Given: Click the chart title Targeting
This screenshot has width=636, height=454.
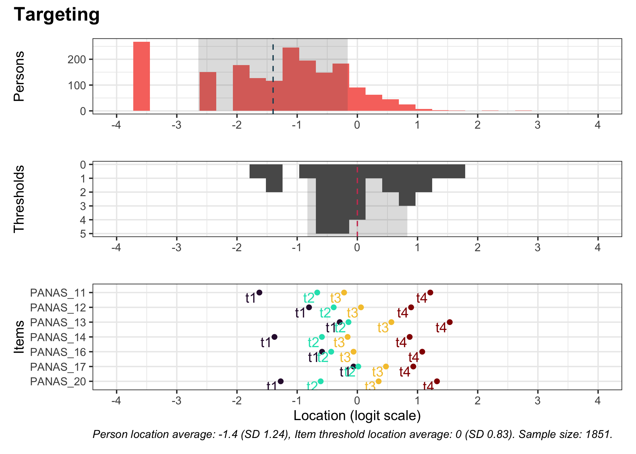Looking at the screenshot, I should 57,15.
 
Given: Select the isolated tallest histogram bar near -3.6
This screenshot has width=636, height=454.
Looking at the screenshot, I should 141,76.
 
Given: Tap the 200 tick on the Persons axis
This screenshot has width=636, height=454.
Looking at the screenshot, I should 77,60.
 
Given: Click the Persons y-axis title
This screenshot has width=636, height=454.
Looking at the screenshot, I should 19,76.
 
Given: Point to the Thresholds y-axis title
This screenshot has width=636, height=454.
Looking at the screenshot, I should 19,199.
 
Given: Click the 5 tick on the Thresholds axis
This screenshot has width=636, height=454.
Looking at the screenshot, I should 83,234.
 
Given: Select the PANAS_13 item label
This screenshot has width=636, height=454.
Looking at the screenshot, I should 58,322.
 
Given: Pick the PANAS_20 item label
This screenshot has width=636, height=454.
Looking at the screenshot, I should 58,381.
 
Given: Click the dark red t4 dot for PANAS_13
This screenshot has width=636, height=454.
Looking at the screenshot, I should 449,322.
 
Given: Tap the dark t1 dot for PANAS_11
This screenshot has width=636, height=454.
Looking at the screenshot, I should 259,292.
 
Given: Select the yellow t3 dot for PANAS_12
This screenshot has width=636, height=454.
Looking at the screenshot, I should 361,307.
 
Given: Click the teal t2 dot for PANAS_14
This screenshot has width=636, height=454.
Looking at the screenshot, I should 322,337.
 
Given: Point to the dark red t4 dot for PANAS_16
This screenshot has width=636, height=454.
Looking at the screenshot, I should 422,352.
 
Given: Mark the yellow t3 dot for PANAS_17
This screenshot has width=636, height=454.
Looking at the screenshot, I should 386,367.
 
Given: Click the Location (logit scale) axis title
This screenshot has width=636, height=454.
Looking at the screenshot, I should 357,416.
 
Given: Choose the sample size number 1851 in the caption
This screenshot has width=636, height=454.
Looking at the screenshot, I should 598,434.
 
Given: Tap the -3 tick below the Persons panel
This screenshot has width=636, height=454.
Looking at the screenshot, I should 177,125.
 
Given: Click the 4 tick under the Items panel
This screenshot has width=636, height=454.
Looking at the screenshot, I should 598,401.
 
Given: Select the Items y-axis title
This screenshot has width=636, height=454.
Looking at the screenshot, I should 19,337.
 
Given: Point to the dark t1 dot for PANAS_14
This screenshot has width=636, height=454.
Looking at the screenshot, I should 274,337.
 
